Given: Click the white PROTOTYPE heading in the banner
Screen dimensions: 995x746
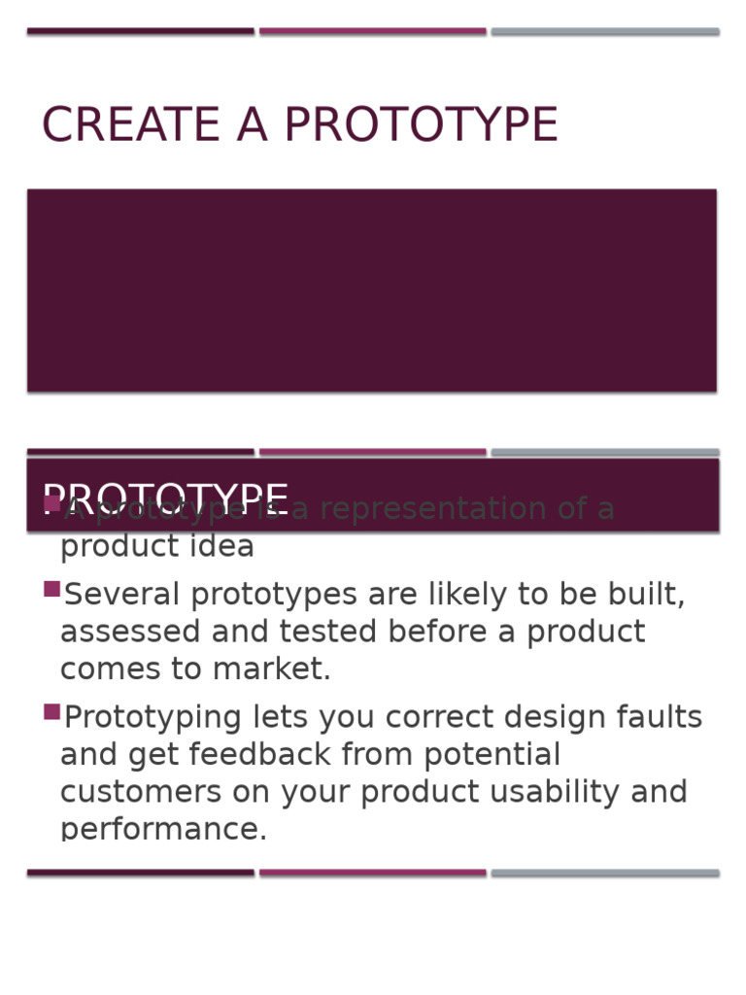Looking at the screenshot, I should pyautogui.click(x=165, y=499).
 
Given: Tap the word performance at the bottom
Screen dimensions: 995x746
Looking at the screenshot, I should pyautogui.click(x=163, y=829).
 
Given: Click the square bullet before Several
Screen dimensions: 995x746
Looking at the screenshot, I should pyautogui.click(x=52, y=589).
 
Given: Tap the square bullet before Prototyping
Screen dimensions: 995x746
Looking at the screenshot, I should pyautogui.click(x=52, y=712).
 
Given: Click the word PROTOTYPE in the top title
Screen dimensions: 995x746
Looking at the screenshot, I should pyautogui.click(x=421, y=125).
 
